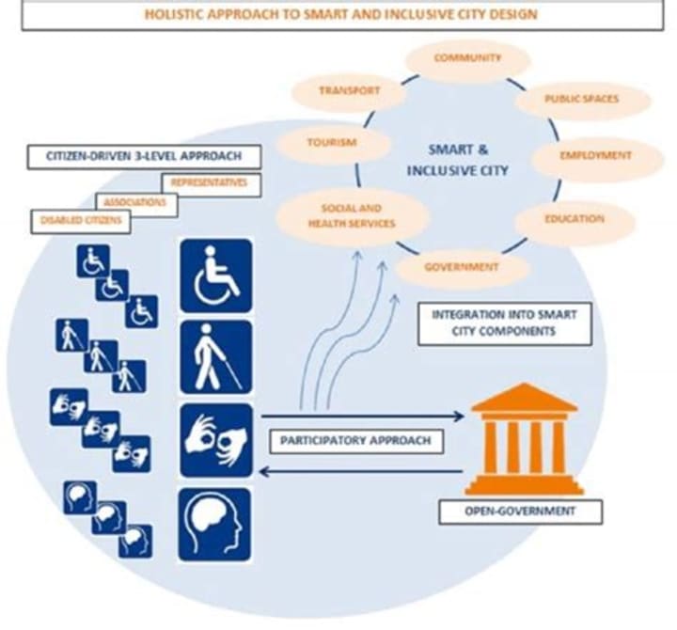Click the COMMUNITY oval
click(467, 58)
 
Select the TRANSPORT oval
click(349, 91)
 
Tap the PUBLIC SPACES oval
click(583, 99)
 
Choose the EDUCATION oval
click(575, 219)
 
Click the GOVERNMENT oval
click(462, 267)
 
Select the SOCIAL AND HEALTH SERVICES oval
click(350, 214)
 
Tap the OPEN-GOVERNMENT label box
click(520, 512)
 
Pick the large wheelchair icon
click(215, 275)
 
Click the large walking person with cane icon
click(215, 356)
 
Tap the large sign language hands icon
click(215, 439)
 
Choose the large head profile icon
click(215, 523)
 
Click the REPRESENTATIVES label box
click(210, 183)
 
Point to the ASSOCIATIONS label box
click(136, 201)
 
